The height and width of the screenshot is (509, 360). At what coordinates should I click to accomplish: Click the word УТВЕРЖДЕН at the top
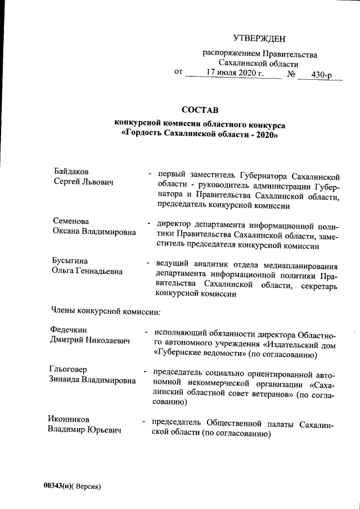259,39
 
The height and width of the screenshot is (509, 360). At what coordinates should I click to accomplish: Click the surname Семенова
71,220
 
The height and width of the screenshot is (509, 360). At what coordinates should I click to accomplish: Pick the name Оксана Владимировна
94,232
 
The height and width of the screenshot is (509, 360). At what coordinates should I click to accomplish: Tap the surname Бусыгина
70,261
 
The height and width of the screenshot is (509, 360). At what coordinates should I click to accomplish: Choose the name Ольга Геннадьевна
87,272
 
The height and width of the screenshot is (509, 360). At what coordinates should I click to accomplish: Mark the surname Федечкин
71,330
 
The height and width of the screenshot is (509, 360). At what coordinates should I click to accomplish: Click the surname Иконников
68,420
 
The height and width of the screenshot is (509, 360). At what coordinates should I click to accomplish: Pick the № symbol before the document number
292,73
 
